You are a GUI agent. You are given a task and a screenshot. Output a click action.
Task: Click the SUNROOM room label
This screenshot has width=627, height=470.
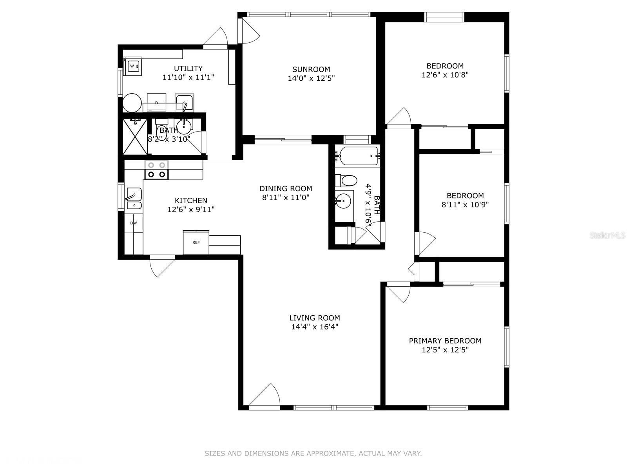coord(311,69)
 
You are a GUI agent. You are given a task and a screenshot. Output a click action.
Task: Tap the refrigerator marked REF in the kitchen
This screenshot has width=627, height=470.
coord(196,242)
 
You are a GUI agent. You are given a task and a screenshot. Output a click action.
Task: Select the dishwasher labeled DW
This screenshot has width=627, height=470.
coord(133,223)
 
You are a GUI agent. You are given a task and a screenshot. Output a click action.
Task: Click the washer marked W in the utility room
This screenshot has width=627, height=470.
coord(132,67)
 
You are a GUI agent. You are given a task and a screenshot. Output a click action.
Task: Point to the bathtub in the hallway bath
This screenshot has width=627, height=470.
coord(359,156)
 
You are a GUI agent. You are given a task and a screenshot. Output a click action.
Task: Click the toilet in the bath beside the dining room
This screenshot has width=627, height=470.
coord(346,180)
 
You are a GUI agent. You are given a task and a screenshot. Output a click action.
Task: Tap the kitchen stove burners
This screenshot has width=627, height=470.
coord(156,170)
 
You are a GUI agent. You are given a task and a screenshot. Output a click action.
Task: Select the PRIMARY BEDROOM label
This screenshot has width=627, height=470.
coord(445,341)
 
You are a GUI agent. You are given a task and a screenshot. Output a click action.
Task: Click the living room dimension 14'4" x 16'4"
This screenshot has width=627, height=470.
coord(315,327)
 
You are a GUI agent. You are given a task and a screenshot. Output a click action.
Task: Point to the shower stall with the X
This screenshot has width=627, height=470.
coord(135,136)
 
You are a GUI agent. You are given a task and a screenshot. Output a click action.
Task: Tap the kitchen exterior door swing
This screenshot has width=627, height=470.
coord(162,266)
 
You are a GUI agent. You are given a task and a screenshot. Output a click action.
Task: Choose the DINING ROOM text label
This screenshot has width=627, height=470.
coord(286,189)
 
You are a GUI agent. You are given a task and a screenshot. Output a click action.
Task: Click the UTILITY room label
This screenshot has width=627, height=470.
coord(188,69)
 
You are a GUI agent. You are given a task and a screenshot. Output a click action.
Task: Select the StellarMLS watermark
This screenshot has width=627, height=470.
coord(607,235)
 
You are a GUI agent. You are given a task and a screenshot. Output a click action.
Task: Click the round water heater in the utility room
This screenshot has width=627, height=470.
coord(132,103)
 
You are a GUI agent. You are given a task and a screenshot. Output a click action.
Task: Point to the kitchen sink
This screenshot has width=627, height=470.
coord(134,199)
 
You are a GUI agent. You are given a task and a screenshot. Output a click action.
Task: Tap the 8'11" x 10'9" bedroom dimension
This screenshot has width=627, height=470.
coord(465,204)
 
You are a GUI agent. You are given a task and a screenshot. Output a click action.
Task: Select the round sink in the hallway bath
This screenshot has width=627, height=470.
coord(343,201)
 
